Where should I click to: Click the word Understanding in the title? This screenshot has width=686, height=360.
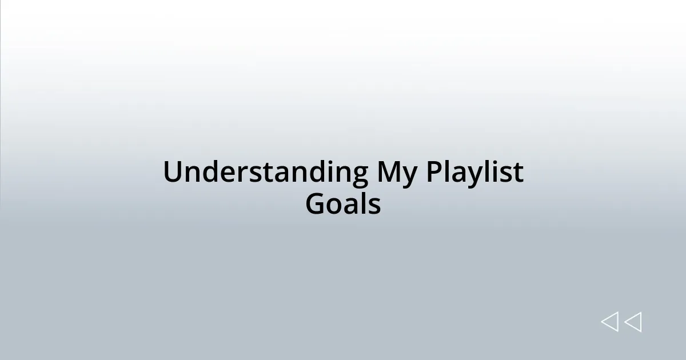point(265,172)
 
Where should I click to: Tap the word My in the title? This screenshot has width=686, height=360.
point(397,173)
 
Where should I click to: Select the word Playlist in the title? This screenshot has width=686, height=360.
point(474,172)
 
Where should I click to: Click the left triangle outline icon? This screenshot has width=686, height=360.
point(609,322)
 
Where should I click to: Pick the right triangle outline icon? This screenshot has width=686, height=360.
point(633,322)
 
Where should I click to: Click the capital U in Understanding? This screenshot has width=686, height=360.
point(173,172)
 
